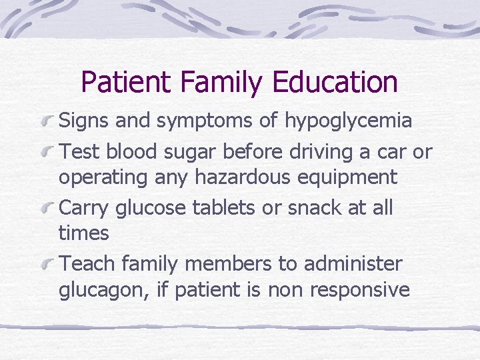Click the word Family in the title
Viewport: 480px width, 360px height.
point(217,82)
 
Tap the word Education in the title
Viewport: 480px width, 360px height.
point(335,82)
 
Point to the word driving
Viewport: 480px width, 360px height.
point(317,151)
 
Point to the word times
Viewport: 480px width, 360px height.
point(83,233)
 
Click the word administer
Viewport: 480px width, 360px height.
point(353,263)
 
